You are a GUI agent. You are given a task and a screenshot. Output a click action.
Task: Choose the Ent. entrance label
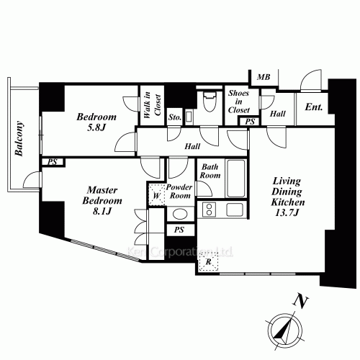click(315, 108)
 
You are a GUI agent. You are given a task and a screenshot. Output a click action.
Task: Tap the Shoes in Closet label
click(238, 102)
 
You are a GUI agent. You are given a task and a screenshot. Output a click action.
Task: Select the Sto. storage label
click(174, 115)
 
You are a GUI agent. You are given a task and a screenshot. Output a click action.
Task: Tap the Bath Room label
click(211, 170)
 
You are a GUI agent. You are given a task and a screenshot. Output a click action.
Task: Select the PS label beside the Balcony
click(52, 162)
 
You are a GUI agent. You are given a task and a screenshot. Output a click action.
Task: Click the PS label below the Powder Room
click(180, 230)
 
